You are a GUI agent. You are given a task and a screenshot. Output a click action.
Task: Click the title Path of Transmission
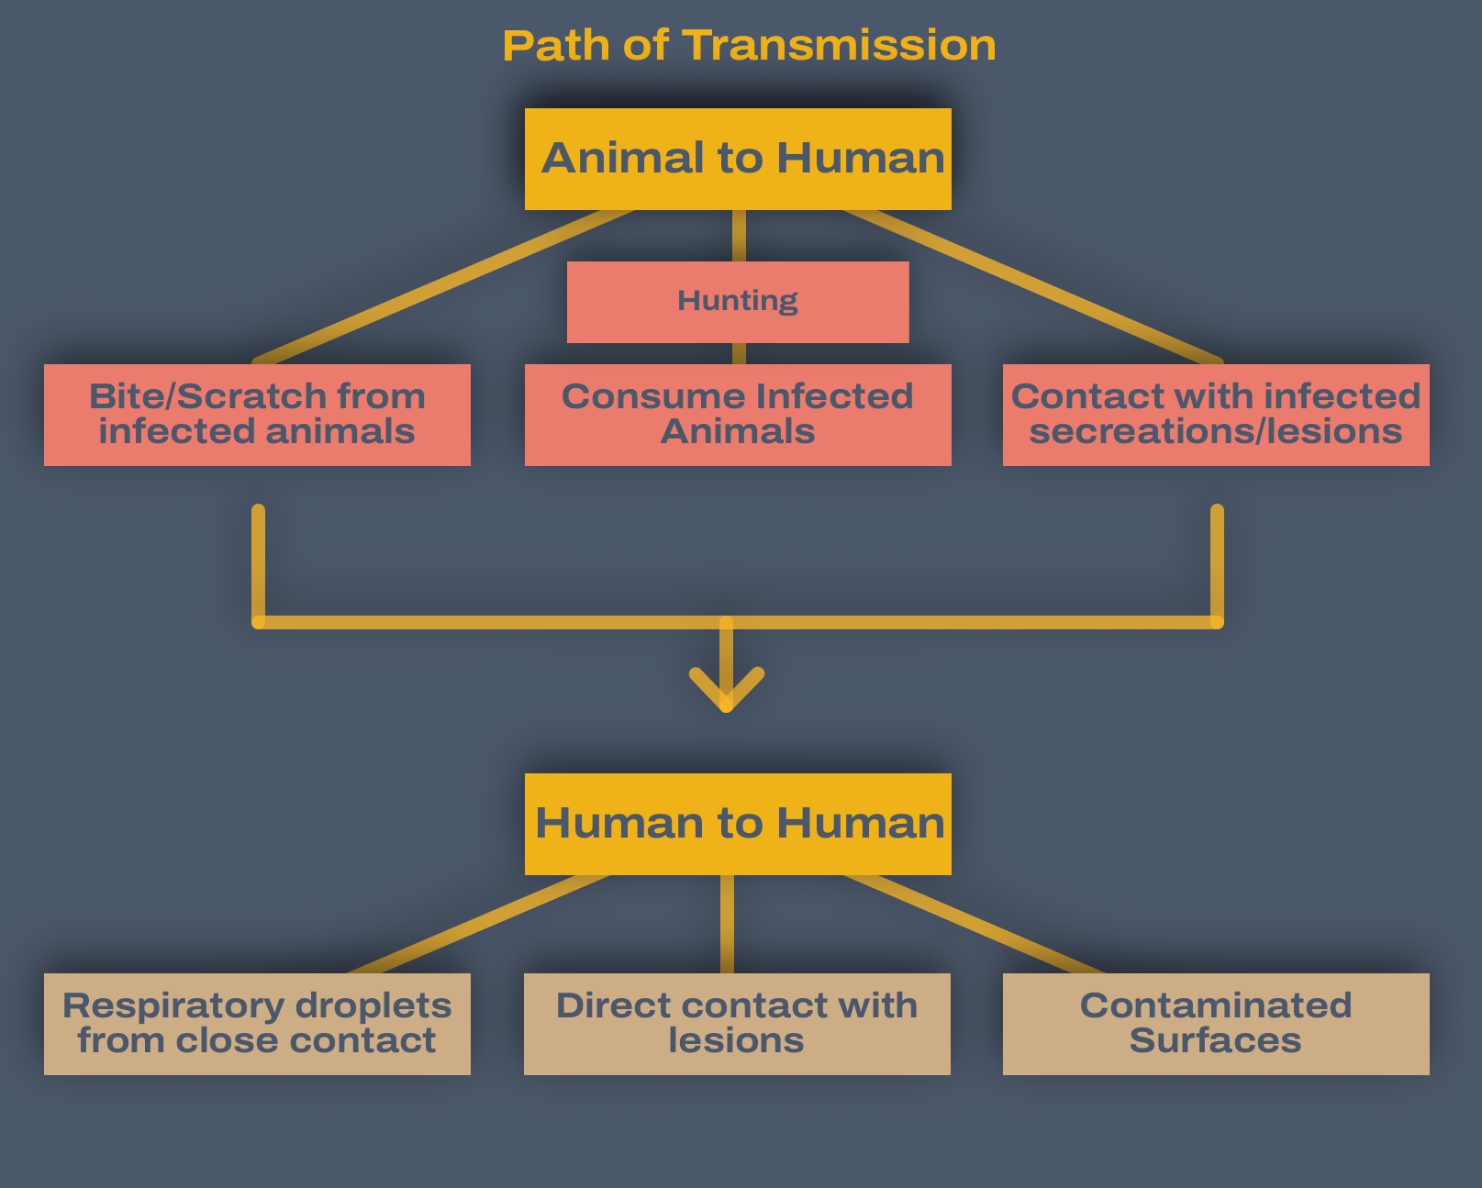749,45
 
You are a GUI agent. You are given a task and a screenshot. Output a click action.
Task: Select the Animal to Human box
738,159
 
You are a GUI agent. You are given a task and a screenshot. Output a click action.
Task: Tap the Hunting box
738,302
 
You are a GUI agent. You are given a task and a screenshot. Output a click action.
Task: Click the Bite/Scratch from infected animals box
257,415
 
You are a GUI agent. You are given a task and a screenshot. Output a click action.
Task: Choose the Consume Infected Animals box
738,415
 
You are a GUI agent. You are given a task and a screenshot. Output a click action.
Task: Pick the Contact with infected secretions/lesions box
1216,415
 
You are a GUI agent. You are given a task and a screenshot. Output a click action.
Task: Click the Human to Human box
738,824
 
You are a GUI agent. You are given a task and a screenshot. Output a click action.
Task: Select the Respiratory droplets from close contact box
257,1024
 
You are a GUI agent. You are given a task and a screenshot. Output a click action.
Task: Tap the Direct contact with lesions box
737,1024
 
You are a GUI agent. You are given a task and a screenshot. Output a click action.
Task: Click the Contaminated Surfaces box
1216,1024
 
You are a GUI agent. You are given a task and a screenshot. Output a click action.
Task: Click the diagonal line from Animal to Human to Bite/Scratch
440,286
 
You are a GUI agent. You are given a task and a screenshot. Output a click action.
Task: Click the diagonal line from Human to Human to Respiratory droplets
477,924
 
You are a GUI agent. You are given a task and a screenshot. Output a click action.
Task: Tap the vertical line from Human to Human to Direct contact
727,924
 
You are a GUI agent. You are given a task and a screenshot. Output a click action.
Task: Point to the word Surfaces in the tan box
1215,1041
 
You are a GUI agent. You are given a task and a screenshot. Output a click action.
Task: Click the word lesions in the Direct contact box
736,1041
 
